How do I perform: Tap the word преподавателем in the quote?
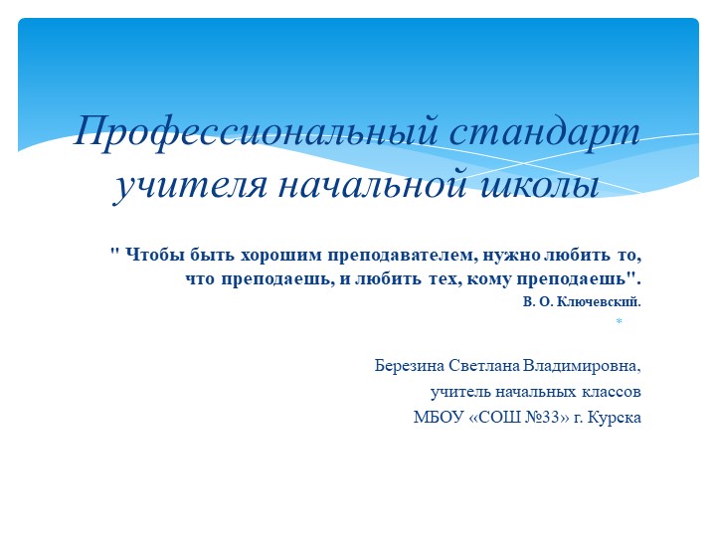[412, 255]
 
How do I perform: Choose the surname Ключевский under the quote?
[603, 299]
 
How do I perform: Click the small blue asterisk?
[618, 323]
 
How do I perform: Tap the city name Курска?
[616, 418]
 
